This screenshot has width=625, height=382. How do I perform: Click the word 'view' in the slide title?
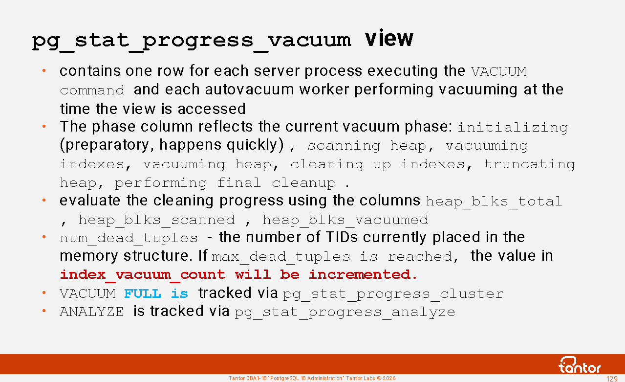point(389,39)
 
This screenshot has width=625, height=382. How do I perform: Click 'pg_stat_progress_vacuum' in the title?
point(191,42)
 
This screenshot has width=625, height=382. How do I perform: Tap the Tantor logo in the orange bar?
point(579,365)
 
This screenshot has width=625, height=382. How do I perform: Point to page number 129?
point(612,379)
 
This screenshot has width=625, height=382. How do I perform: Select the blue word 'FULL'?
point(143,293)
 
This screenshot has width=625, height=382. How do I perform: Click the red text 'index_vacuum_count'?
point(143,275)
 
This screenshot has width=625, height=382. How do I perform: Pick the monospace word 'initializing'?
point(513,128)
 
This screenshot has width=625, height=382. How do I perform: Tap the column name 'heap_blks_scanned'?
point(156,220)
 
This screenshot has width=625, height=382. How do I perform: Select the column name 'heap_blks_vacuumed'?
point(345,220)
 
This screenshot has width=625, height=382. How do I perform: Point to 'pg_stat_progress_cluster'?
point(393,294)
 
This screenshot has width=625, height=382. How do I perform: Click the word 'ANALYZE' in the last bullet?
point(92,312)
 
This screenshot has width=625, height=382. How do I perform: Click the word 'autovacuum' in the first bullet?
point(249,90)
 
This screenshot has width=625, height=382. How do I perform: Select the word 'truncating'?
point(529,165)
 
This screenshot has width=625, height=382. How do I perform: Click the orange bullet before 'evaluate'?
point(44,200)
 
